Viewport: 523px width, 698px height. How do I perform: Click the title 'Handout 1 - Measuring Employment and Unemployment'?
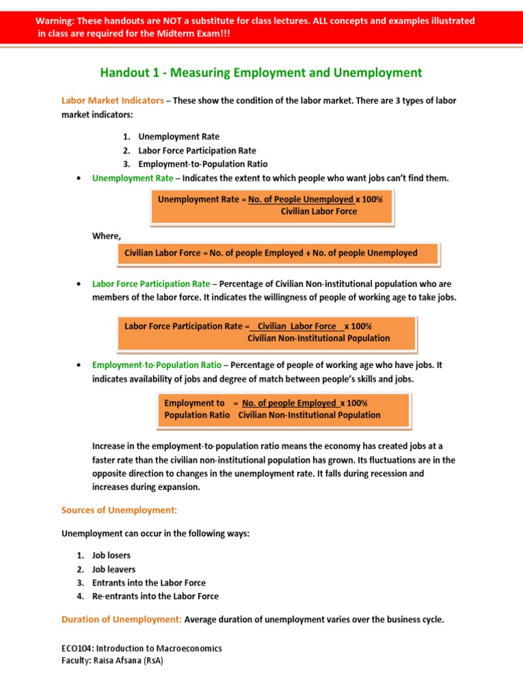[261, 73]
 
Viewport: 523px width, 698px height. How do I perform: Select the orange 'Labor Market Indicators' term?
[112, 100]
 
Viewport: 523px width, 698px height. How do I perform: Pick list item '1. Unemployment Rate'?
[178, 136]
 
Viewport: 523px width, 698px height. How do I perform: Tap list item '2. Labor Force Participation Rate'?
[197, 150]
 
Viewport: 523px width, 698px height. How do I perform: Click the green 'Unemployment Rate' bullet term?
[133, 178]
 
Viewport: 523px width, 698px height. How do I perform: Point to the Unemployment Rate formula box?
[271, 206]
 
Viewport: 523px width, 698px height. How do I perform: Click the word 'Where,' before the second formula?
[107, 236]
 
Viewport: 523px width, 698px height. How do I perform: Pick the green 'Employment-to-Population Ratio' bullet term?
[157, 365]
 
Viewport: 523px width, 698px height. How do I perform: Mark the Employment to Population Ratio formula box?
[283, 409]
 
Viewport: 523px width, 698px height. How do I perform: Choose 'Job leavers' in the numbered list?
[114, 569]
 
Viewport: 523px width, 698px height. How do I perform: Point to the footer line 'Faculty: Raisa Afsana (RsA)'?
[112, 661]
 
